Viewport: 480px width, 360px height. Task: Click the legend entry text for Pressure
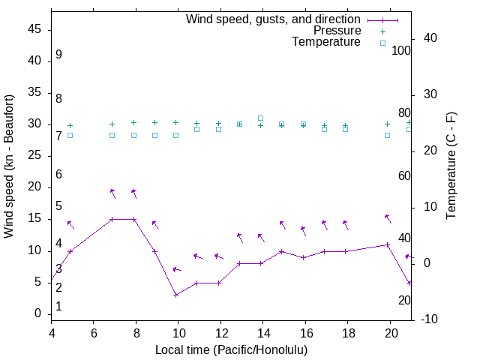click(337, 31)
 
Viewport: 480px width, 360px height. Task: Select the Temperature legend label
click(326, 42)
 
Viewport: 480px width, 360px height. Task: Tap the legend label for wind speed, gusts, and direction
click(274, 19)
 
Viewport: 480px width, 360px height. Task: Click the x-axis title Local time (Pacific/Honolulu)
click(231, 349)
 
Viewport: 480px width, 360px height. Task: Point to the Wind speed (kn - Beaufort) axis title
click(9, 166)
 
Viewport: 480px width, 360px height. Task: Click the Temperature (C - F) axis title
click(451, 166)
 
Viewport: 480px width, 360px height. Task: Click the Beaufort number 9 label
click(58, 55)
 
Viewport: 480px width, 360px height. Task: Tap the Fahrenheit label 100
click(402, 50)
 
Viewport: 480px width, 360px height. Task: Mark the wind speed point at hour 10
click(175, 295)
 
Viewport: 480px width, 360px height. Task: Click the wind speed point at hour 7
click(112, 219)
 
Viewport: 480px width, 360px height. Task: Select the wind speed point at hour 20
click(388, 244)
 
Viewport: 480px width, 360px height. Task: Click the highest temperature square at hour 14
click(260, 118)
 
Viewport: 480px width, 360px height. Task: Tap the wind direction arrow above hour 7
click(112, 193)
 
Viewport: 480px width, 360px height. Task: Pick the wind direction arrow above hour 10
click(176, 269)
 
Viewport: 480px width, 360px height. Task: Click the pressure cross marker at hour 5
click(70, 125)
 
